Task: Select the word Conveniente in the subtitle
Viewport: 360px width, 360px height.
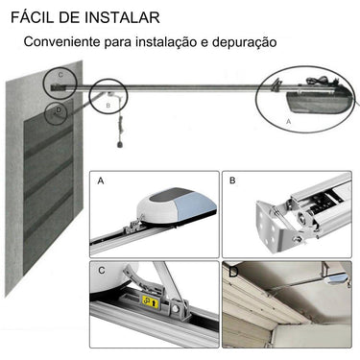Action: click(x=64, y=43)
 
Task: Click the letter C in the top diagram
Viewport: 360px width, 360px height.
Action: click(x=60, y=74)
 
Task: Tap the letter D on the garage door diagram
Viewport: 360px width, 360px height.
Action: click(x=59, y=109)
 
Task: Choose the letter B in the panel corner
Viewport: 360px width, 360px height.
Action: click(x=232, y=180)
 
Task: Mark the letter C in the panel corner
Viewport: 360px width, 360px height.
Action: click(x=101, y=270)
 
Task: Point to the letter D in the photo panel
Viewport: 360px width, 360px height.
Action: click(x=232, y=272)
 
